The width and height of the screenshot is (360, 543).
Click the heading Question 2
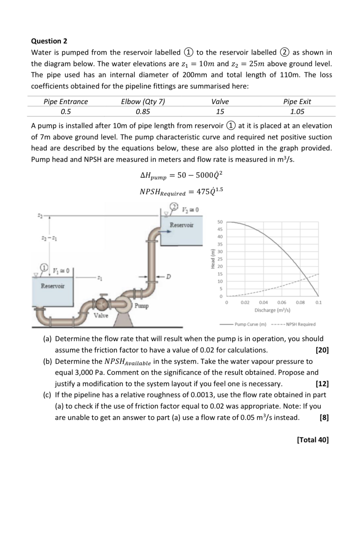point(49,41)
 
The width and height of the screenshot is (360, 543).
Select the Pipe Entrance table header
point(65,102)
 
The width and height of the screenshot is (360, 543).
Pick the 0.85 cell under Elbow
point(142,111)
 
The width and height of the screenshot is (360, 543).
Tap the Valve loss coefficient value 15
point(220,111)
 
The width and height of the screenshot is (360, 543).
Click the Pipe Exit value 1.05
point(297,111)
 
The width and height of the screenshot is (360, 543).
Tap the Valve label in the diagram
point(101,316)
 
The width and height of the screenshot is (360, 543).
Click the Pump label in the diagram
point(141,306)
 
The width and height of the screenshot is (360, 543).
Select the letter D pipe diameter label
point(168,277)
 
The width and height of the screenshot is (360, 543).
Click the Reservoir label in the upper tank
point(181,225)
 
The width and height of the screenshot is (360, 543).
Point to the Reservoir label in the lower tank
point(52,286)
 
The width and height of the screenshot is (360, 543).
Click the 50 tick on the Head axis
point(220,222)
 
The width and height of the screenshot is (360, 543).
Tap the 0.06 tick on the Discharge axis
point(282,302)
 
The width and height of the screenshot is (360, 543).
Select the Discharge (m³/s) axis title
point(272,310)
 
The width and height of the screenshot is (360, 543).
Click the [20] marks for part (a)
point(322,350)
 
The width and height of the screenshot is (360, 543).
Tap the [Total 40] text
point(313,440)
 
